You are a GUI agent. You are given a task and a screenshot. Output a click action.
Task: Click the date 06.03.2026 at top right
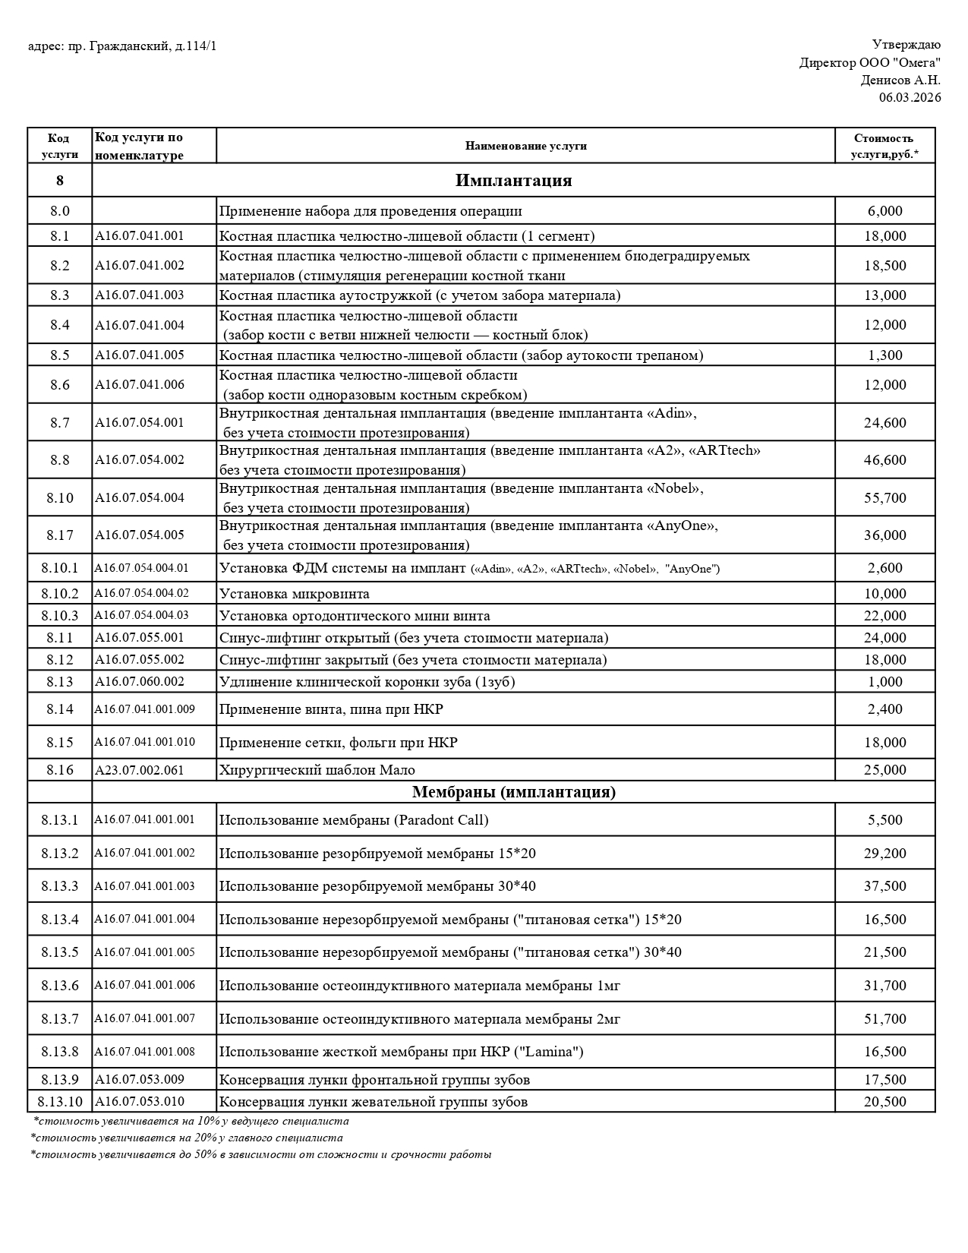point(910,97)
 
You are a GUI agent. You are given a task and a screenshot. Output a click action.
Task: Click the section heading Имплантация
point(513,181)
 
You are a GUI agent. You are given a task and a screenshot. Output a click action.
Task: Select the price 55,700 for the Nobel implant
point(884,497)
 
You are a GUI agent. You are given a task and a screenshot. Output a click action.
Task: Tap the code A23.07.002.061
point(140,770)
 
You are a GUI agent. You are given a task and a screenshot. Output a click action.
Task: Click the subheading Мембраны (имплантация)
point(513,792)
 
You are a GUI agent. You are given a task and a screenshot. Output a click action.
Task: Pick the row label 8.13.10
point(60,1101)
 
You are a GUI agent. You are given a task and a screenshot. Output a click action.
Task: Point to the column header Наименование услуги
point(525,146)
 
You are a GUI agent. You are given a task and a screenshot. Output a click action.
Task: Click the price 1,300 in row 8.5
point(884,355)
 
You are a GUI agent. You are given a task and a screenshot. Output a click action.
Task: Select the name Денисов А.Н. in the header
point(900,80)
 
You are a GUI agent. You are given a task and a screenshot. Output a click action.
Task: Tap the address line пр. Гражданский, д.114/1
point(122,46)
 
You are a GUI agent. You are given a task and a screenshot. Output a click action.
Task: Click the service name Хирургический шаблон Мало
point(317,770)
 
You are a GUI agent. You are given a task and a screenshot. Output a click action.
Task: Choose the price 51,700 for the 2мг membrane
point(884,1018)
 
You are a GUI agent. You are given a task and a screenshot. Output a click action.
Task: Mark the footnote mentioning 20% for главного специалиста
point(187,1138)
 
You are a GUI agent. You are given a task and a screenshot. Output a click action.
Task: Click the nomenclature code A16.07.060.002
point(140,681)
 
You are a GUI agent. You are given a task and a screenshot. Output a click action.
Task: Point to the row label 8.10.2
point(60,593)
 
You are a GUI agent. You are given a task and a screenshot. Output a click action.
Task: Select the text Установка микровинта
point(295,593)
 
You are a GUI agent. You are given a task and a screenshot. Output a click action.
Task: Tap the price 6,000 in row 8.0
point(884,211)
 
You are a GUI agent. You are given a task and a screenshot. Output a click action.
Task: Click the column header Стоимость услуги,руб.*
point(884,146)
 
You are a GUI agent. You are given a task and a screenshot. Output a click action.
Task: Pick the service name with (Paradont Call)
point(354,820)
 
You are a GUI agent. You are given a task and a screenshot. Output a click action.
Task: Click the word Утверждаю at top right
point(906,45)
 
